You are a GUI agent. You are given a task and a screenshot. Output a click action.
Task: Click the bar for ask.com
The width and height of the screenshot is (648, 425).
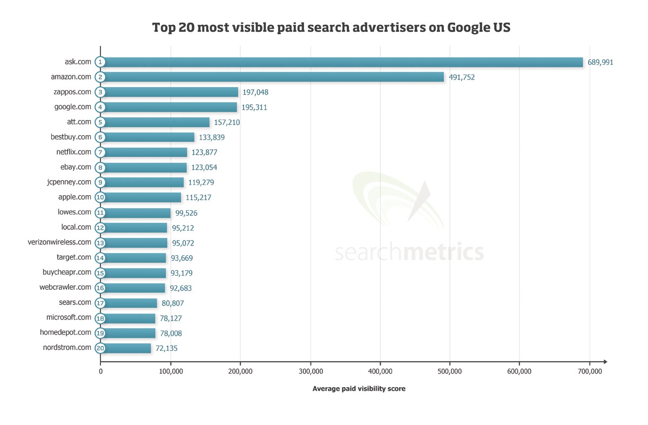(343, 62)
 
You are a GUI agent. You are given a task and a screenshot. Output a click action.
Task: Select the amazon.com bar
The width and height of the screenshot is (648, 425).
(273, 77)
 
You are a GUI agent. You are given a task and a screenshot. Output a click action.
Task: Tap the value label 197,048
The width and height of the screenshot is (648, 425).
(255, 92)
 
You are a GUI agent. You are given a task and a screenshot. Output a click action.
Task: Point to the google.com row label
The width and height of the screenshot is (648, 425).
(73, 107)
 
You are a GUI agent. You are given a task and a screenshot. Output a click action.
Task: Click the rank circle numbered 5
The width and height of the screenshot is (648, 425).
(100, 122)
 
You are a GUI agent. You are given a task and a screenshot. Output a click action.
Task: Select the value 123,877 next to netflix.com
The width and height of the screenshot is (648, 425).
(204, 152)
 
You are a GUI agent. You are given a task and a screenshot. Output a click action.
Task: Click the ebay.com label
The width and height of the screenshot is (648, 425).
(76, 167)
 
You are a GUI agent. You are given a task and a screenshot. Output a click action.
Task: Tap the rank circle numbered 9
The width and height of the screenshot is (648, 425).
(100, 182)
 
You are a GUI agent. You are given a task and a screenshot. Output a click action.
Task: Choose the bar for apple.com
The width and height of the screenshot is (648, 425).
(141, 197)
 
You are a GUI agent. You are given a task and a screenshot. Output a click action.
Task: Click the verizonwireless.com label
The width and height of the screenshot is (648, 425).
(59, 242)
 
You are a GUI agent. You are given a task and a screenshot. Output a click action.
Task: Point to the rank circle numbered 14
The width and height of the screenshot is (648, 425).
(100, 258)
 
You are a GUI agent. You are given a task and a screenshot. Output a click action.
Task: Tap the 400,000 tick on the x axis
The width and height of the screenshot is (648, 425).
(380, 371)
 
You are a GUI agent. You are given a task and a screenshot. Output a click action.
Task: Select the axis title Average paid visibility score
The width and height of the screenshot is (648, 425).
(359, 389)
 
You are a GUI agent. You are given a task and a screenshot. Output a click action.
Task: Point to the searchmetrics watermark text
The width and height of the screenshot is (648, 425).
(409, 253)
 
